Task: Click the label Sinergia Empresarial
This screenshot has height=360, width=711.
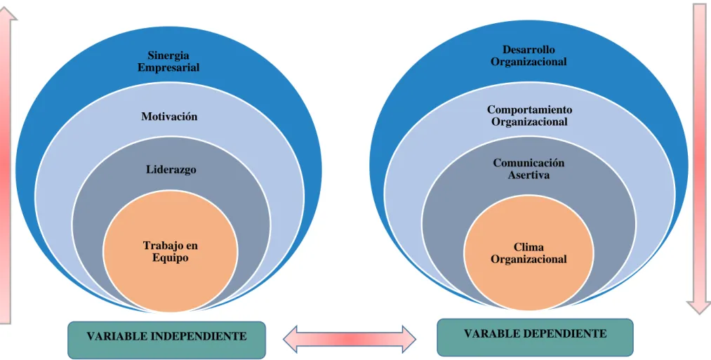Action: (168, 62)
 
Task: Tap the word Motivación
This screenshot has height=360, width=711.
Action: (169, 116)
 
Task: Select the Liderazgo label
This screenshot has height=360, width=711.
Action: (171, 170)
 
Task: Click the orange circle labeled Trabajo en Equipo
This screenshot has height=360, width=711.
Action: (170, 251)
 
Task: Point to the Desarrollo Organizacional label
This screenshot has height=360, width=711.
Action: (529, 55)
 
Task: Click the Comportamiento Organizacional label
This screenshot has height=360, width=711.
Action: (529, 116)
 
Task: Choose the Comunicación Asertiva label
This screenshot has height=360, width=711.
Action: (529, 168)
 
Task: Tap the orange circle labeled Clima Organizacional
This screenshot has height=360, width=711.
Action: (529, 253)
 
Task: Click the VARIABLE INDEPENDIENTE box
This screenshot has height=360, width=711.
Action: (166, 340)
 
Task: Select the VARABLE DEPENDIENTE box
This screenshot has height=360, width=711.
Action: (535, 338)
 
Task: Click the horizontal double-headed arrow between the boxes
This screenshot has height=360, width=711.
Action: (349, 339)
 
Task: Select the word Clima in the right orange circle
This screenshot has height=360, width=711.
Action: (529, 247)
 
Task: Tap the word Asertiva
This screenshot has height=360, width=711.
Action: (529, 175)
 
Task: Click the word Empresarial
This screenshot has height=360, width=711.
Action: (168, 67)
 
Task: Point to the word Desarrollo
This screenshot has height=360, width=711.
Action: (529, 50)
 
